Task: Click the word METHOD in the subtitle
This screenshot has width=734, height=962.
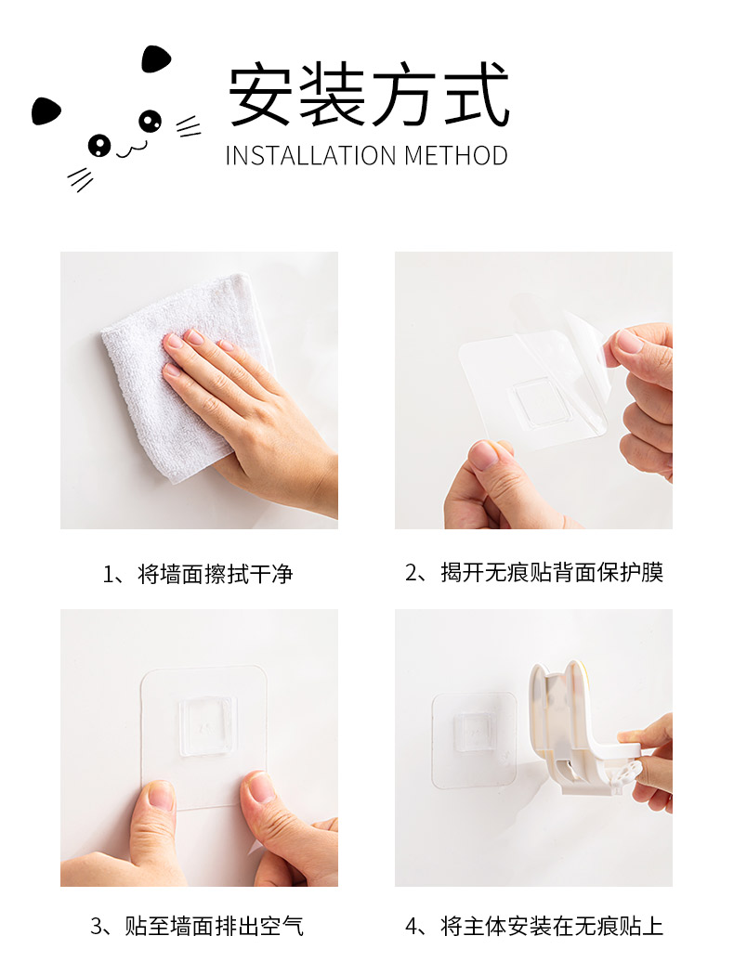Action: (x=456, y=156)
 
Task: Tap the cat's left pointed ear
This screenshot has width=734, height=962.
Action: (x=46, y=111)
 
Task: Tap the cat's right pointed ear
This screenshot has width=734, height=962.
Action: (x=156, y=58)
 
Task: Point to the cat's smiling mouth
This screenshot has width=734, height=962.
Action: (x=132, y=149)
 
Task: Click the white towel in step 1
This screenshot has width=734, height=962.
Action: (x=178, y=381)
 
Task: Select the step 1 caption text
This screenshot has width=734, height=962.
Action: (x=198, y=574)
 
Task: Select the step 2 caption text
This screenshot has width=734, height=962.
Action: (x=534, y=572)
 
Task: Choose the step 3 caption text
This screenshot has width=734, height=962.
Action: (x=197, y=926)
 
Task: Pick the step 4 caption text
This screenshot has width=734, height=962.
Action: (x=534, y=926)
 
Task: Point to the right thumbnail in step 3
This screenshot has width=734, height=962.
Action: (x=261, y=787)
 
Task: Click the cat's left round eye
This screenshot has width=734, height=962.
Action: (x=98, y=145)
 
